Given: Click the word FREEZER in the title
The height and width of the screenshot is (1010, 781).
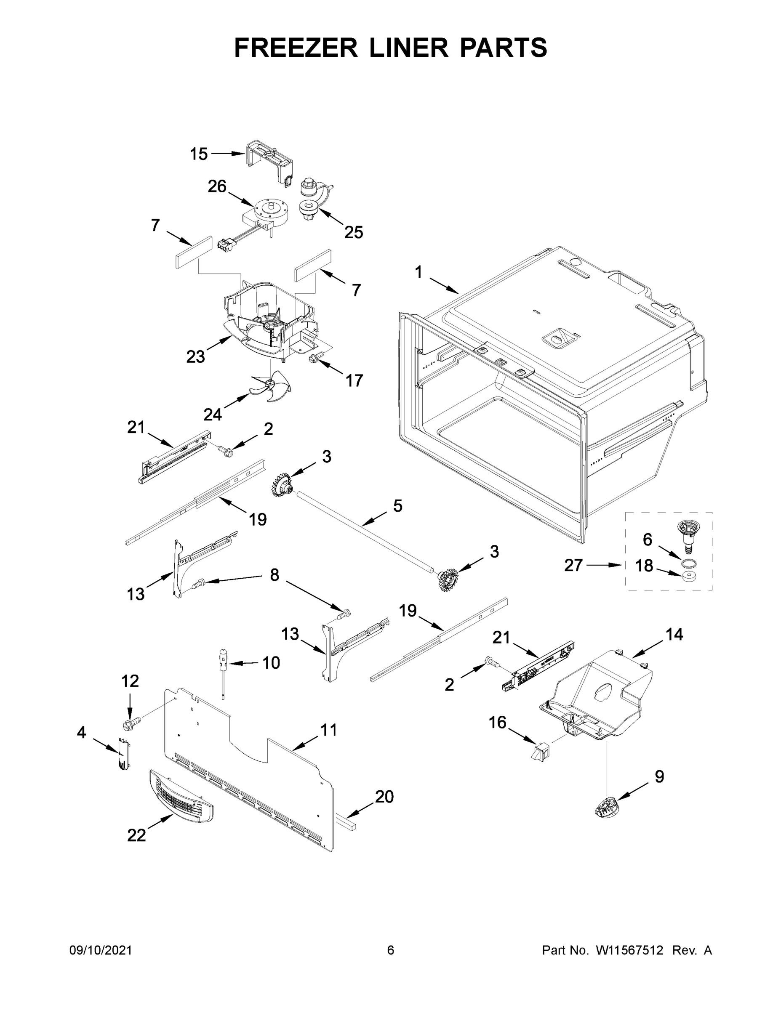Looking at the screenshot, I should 296,48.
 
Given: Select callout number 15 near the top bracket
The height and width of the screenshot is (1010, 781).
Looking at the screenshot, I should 199,154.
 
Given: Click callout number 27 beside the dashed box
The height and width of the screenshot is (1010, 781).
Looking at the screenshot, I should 573,565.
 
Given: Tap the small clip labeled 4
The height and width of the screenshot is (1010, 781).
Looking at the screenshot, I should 123,755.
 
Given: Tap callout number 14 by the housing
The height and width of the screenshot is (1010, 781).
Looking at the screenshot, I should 674,635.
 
